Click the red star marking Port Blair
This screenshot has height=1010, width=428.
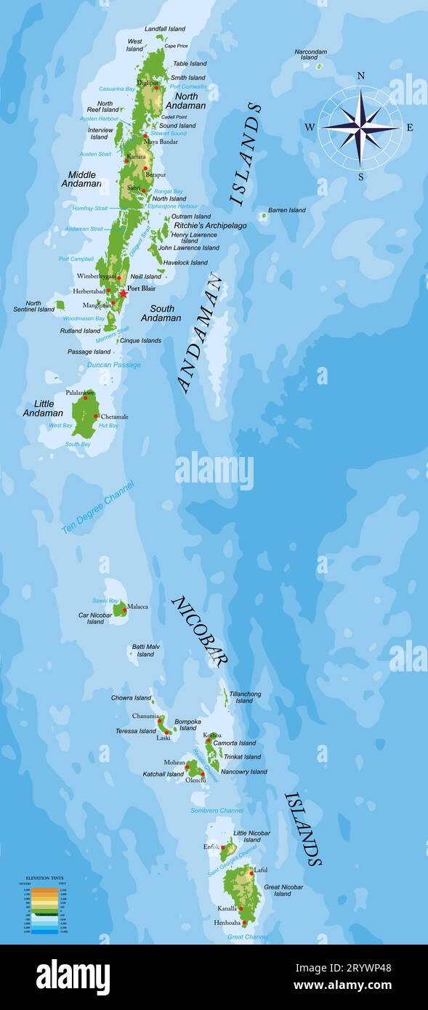coord(123,294)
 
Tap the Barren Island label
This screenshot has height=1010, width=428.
coord(286,210)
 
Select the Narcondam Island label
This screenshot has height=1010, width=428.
coord(310,54)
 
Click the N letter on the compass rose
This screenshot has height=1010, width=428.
coord(361,76)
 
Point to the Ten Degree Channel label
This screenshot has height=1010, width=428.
coord(97,507)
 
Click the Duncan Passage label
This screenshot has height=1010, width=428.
coord(114,365)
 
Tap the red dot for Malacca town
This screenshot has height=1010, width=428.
coord(124,610)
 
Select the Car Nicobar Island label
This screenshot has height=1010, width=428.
coord(95,618)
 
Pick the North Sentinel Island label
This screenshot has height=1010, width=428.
coord(34,307)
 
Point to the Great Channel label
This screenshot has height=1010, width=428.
coord(247,937)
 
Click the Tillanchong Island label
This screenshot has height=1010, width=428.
coord(245,698)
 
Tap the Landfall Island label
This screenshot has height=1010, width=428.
coord(165,28)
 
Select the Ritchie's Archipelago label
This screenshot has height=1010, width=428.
coord(210,225)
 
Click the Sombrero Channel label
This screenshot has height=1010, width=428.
coord(217,810)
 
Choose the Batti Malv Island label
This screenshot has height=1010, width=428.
coord(145,650)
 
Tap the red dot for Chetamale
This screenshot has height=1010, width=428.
coord(96,416)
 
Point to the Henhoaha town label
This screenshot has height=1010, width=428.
coord(227,923)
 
